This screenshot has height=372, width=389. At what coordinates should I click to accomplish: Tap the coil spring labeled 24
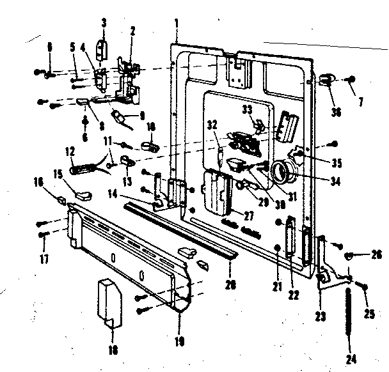coord(349,314)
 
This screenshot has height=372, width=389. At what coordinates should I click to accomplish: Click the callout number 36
coord(337,112)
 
